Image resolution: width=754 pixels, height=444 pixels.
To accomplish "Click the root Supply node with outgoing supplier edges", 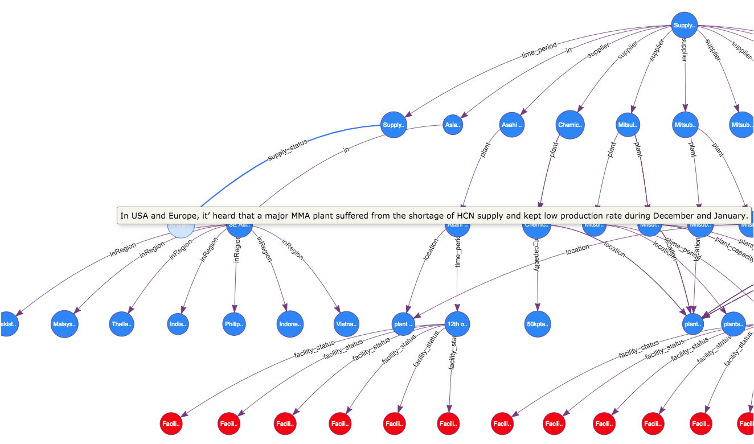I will [684, 26].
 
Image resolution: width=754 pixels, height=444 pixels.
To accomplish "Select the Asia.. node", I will [453, 125].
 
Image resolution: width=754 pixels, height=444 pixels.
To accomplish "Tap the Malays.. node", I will [64, 324].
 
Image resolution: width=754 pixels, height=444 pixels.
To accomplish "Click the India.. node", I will [178, 324].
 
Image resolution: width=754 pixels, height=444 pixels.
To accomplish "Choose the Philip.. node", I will [235, 324].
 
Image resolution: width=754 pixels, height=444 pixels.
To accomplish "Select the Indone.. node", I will [290, 324].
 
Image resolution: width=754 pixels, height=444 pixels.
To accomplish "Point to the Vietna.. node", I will [347, 324].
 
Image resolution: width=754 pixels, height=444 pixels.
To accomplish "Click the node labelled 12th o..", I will [457, 324].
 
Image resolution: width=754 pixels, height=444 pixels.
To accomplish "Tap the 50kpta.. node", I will [538, 324].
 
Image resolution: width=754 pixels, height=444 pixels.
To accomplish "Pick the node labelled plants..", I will [733, 324].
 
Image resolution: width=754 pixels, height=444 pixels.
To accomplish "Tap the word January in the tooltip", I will [728, 216].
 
